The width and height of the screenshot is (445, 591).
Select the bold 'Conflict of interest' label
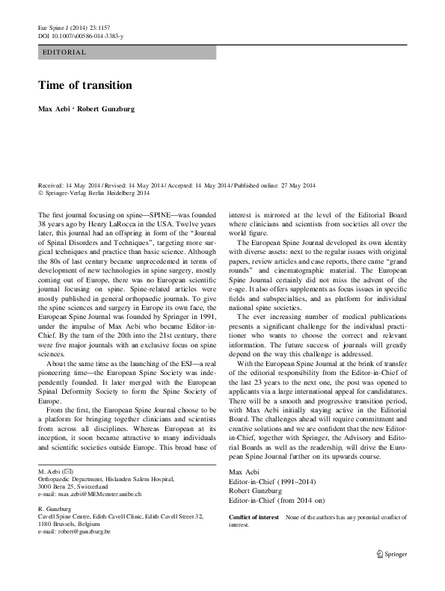(254, 518)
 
